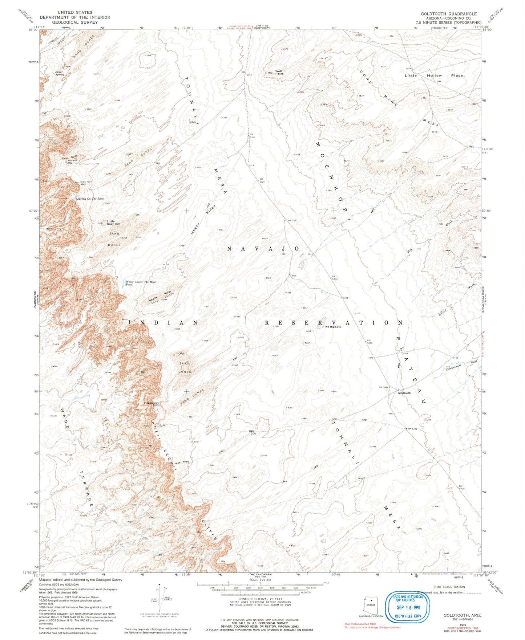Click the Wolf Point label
(x=279, y=72)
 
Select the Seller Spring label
(x=59, y=73)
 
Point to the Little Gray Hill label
(x=110, y=223)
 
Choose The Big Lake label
(x=333, y=327)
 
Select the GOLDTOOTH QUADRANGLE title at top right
(x=449, y=14)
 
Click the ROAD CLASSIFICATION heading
(x=449, y=587)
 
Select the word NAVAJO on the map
(x=263, y=249)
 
